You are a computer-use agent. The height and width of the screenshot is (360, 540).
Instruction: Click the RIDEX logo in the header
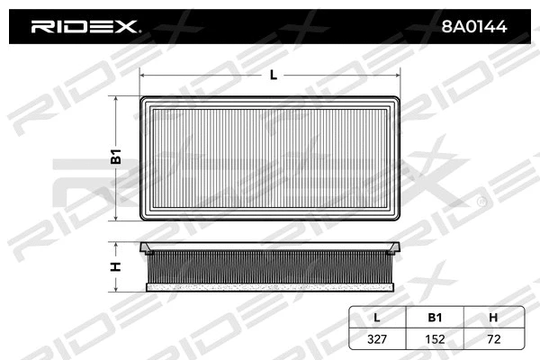[x=85, y=27]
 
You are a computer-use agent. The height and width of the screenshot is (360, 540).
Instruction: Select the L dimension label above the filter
[x=273, y=76]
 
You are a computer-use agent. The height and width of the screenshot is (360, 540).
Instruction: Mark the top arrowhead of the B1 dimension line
[x=117, y=98]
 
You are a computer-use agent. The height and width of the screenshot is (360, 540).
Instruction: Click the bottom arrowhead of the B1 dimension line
[x=117, y=219]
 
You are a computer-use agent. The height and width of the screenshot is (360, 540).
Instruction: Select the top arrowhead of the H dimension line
[x=117, y=244]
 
